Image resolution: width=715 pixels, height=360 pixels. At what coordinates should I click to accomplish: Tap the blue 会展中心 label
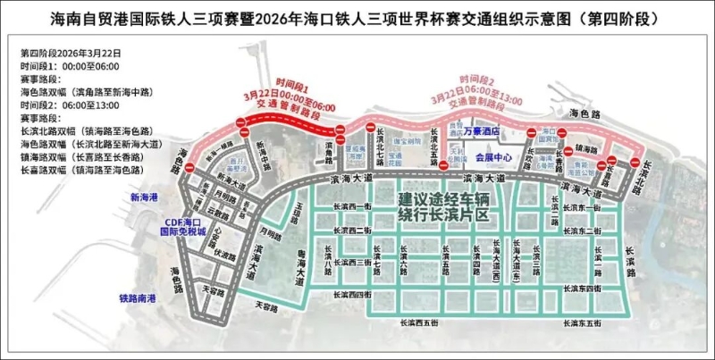(493, 157)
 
